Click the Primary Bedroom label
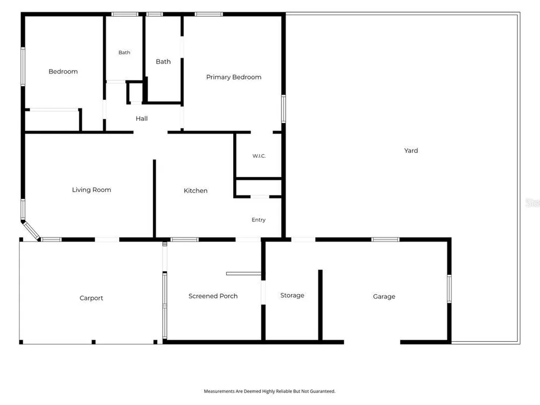pyautogui.click(x=233, y=77)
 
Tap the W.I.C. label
pyautogui.click(x=259, y=156)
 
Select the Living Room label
pyautogui.click(x=91, y=190)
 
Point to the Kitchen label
pyautogui.click(x=195, y=191)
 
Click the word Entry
pyautogui.click(x=258, y=220)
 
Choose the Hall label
pyautogui.click(x=141, y=118)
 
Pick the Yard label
pyautogui.click(x=411, y=151)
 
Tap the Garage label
pyautogui.click(x=384, y=296)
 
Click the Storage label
pyautogui.click(x=292, y=295)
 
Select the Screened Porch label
pyautogui.click(x=213, y=296)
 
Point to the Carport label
pyautogui.click(x=91, y=298)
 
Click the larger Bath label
pyautogui.click(x=163, y=62)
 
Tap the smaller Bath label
pyautogui.click(x=124, y=52)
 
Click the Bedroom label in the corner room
pyautogui.click(x=63, y=72)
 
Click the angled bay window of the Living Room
pyautogui.click(x=31, y=230)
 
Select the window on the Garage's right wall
pyautogui.click(x=449, y=288)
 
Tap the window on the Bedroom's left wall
pyautogui.click(x=23, y=66)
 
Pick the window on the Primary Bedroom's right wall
pyautogui.click(x=283, y=109)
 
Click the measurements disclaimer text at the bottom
pyautogui.click(x=269, y=391)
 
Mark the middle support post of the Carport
pyautogui.click(x=93, y=342)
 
